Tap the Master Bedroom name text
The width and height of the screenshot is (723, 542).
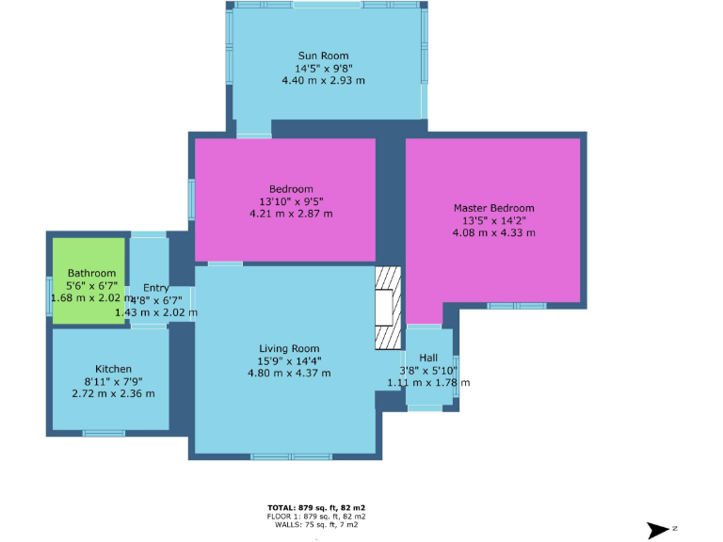point(493,208)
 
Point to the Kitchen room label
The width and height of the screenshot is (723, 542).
point(113,369)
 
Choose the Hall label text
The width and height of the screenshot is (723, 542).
point(428,358)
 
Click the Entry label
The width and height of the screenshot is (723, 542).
point(155,288)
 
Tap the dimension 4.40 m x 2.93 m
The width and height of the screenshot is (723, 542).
point(323,81)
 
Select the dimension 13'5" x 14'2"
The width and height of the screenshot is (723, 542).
point(493,220)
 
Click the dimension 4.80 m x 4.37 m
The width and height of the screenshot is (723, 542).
point(289,374)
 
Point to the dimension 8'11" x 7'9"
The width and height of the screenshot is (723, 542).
point(113,381)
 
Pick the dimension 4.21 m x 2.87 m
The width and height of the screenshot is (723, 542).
point(291,214)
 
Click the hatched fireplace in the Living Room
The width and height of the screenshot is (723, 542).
point(387,309)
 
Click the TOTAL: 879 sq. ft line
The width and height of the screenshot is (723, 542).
point(316,508)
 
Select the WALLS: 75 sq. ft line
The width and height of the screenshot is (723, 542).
point(316,525)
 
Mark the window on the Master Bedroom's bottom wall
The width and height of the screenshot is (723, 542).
point(516,306)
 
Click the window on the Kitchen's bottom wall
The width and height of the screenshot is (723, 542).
point(104,433)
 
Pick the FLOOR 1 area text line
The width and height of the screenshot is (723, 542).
point(316,517)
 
